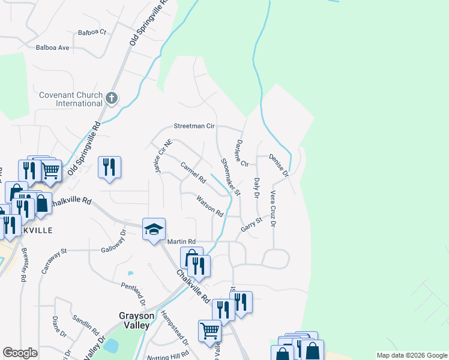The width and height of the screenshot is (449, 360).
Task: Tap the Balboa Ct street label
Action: click(92, 32)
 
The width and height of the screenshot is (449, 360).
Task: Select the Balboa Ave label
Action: click(53, 47)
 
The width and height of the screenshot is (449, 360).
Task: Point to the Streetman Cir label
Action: click(194, 127)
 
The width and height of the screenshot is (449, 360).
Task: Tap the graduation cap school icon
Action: click(154, 229)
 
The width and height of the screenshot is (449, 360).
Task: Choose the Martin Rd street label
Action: click(182, 241)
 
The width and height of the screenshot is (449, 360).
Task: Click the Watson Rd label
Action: click(210, 207)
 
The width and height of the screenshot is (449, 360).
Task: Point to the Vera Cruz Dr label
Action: click(273, 209)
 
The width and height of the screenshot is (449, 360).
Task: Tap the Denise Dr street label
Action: click(279, 166)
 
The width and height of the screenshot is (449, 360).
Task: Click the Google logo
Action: click(20, 353)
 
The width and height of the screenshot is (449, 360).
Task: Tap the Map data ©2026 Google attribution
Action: click(411, 355)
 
